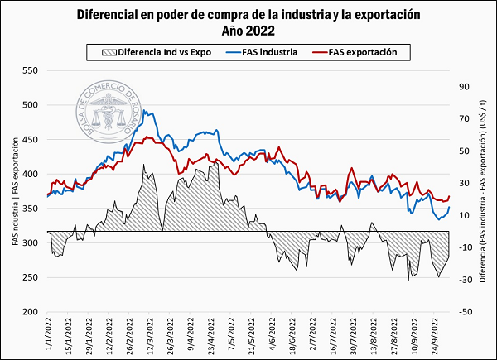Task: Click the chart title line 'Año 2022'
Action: click(248, 31)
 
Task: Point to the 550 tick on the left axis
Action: click(30, 70)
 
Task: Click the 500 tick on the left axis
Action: click(30, 105)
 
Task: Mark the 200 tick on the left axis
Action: click(30, 311)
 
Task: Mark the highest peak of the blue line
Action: click(145, 110)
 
